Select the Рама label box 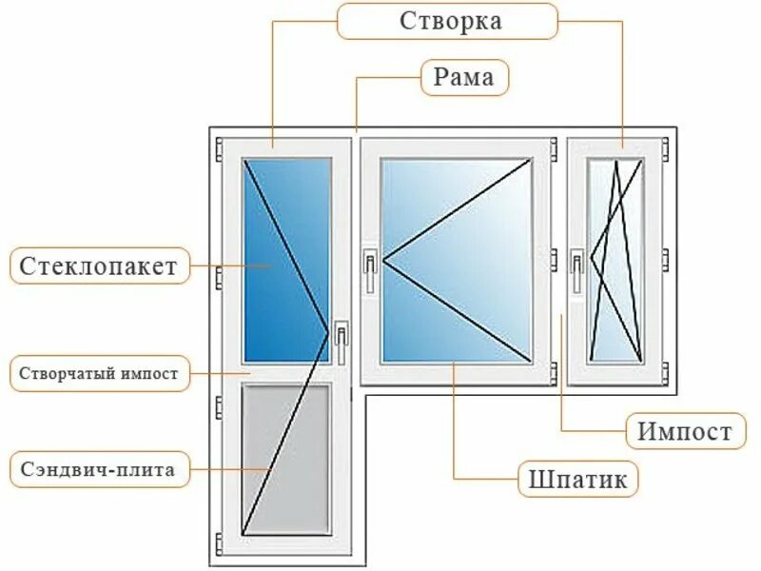point(464,77)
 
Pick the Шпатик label point(577,479)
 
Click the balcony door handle point(341,343)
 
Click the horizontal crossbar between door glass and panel point(285,373)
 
